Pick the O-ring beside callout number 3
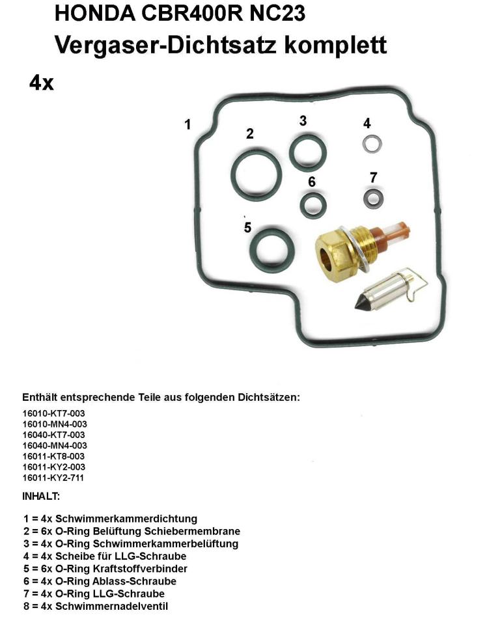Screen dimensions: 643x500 click(307, 153)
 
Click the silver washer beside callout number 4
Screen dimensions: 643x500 click(372, 143)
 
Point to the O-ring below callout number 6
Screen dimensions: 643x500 click(313, 206)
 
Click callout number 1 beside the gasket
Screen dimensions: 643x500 click(187, 124)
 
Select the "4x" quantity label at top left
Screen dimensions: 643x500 click(41, 83)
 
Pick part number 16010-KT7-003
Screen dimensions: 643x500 click(54, 413)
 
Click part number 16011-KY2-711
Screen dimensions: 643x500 click(54, 478)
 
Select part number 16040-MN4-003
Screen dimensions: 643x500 click(55, 445)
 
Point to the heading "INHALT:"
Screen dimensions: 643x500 click(41, 497)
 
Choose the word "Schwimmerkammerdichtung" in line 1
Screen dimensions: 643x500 click(126, 519)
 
